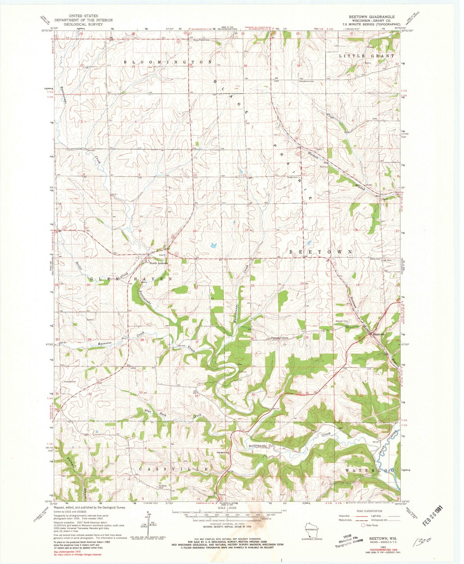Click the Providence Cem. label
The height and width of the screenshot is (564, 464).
click(306, 82)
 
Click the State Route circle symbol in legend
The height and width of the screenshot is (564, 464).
click(363, 525)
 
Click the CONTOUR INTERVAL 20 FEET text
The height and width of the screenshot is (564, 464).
click(227, 524)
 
